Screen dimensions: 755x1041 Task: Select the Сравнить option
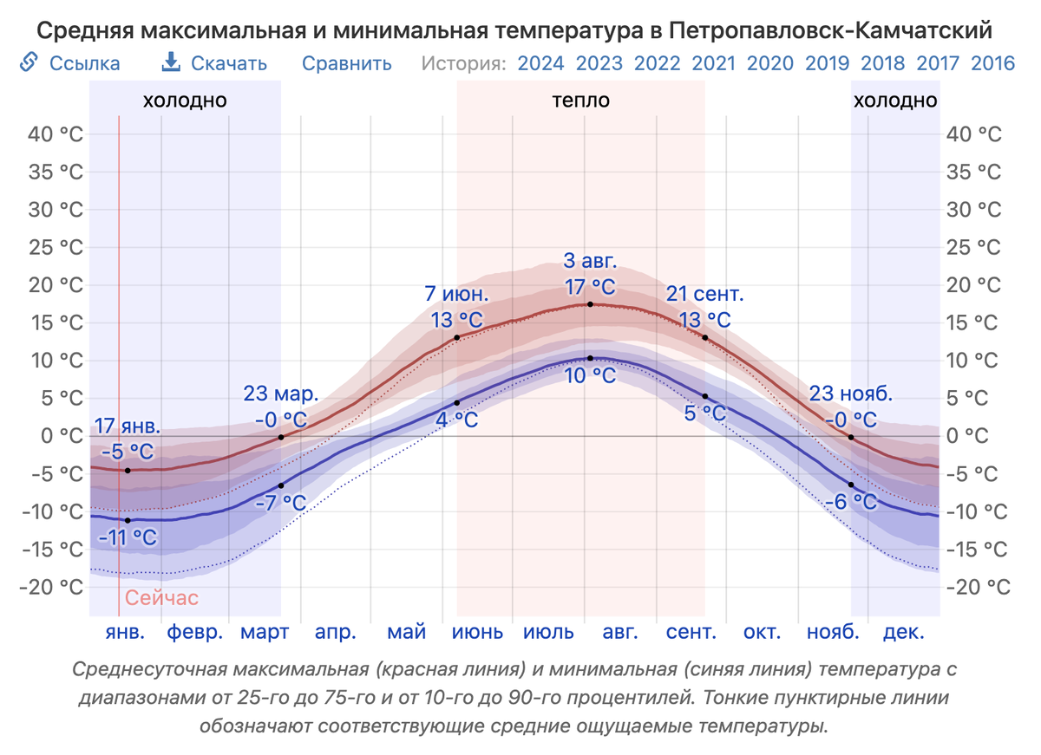tap(347, 63)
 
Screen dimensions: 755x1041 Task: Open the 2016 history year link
tap(992, 63)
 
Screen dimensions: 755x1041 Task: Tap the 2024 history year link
tap(540, 63)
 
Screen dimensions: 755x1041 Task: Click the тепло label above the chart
tap(581, 101)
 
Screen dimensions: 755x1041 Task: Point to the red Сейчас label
tap(161, 598)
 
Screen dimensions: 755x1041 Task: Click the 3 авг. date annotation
tap(590, 261)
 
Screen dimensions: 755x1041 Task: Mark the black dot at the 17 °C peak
tap(590, 304)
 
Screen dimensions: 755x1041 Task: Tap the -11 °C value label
tap(128, 538)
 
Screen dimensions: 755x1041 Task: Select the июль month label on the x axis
tap(548, 632)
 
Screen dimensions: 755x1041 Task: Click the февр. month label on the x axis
tap(195, 632)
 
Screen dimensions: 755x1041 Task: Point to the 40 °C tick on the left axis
tap(60, 134)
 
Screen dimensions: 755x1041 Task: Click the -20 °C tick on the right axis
tap(978, 587)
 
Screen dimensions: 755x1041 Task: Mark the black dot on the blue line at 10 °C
tap(590, 358)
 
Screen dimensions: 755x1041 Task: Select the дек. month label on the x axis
tap(904, 632)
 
